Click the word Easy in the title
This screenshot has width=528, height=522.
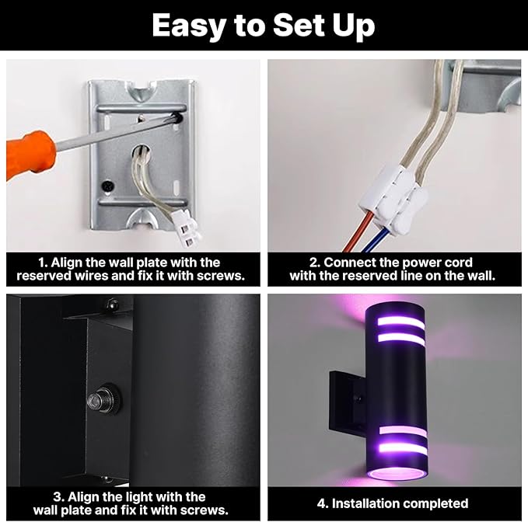point(190,26)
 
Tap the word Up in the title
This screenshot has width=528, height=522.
point(349,26)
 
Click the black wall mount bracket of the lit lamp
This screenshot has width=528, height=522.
point(342,396)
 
